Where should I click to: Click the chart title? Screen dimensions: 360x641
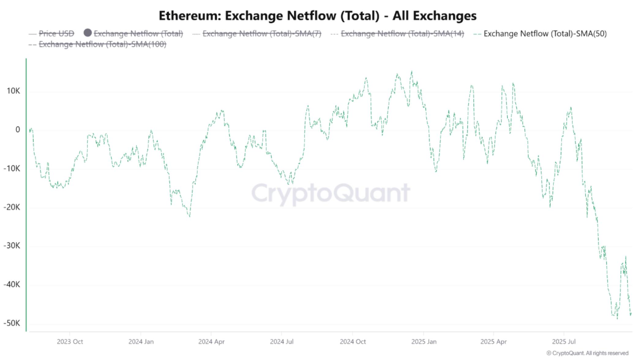(x=317, y=16)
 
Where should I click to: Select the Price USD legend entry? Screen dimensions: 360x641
(x=56, y=33)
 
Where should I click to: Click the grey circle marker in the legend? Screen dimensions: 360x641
(x=88, y=33)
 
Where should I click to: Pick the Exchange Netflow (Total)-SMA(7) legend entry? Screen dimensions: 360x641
(x=262, y=33)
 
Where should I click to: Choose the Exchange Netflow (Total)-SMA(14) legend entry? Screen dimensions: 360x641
(x=402, y=33)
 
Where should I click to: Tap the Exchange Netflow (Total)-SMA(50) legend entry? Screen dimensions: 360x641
(x=545, y=33)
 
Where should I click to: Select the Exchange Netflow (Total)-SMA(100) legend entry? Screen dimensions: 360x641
(x=102, y=44)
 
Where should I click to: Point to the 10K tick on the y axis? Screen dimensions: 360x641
(x=13, y=91)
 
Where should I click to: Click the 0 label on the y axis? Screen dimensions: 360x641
(x=18, y=130)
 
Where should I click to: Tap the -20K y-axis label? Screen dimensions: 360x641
(x=12, y=207)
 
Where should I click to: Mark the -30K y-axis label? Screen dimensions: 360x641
(x=12, y=246)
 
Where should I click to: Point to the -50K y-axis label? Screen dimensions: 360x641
(x=12, y=323)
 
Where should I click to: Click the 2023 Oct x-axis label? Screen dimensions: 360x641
(x=70, y=342)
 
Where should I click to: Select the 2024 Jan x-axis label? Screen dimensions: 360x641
(x=141, y=342)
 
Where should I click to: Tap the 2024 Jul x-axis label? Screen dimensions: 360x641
(x=282, y=342)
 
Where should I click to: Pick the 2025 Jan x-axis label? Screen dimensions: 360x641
(x=424, y=342)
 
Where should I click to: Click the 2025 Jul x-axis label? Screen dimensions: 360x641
(x=564, y=342)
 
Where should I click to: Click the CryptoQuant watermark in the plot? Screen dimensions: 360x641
(x=331, y=193)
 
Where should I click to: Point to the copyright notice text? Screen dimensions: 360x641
(x=587, y=353)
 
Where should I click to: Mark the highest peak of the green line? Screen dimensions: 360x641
(x=412, y=72)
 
